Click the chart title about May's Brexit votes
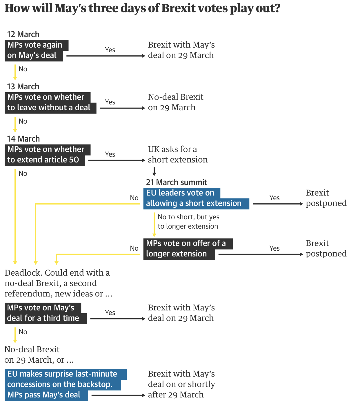click(142, 8)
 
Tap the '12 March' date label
click(23, 34)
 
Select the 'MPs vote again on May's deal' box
click(35, 50)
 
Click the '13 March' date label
click(23, 86)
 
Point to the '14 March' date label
click(23, 139)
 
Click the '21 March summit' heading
click(177, 182)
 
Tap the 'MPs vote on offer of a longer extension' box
click(186, 249)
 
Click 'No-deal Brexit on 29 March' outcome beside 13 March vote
click(175, 102)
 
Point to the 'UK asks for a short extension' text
click(177, 154)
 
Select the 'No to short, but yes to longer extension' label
click(188, 222)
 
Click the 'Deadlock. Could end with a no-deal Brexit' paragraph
click(58, 283)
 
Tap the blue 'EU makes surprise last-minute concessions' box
click(62, 384)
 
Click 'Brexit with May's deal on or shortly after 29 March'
click(181, 384)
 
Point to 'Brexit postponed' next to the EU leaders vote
click(326, 198)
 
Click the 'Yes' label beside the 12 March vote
click(110, 50)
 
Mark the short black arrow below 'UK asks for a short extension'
click(154, 171)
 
